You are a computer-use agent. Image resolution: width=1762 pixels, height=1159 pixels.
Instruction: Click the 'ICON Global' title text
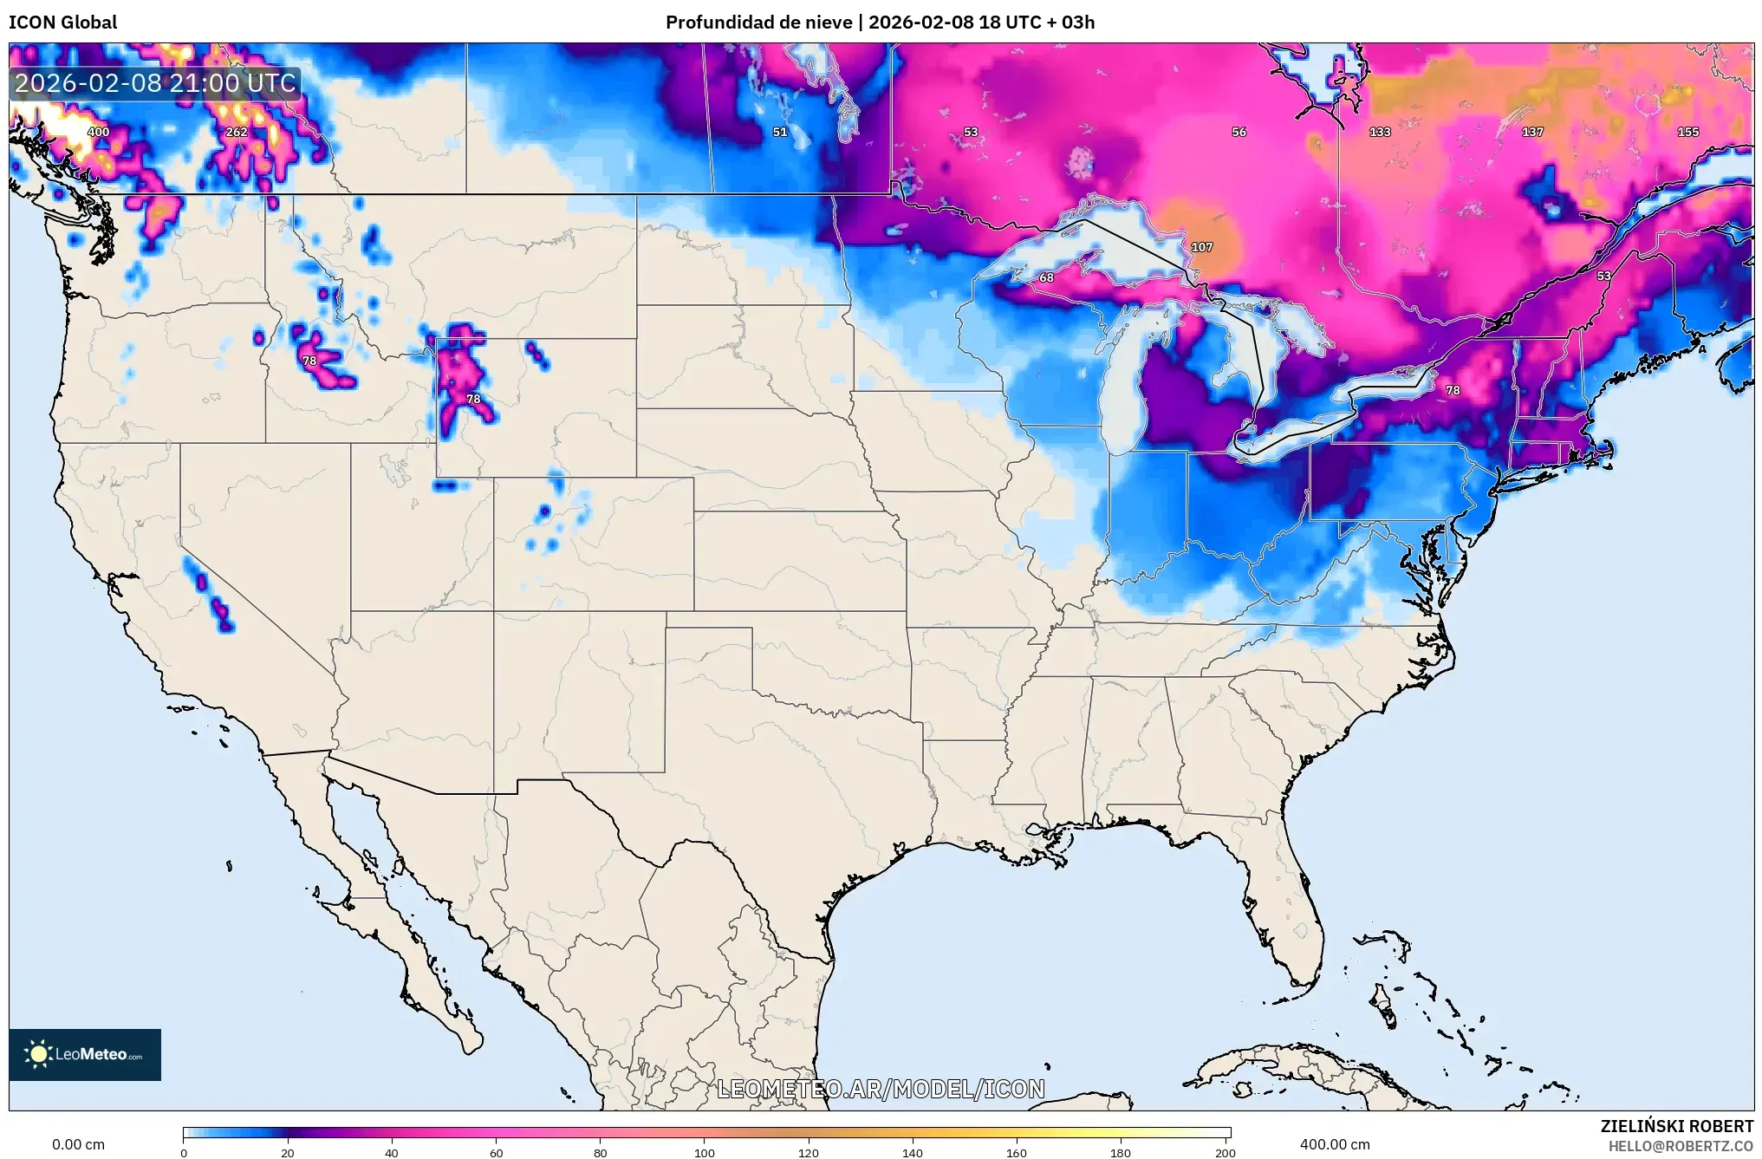62,23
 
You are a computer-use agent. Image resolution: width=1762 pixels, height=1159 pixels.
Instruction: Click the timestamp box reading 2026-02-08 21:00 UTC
156,83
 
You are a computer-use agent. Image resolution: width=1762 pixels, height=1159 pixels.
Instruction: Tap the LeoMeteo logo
85,1054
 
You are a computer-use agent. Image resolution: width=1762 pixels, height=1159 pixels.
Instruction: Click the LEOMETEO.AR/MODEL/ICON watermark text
881,1089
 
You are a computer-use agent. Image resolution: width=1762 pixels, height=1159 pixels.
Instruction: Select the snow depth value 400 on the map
99,132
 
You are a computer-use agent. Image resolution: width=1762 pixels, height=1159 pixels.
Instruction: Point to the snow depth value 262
237,132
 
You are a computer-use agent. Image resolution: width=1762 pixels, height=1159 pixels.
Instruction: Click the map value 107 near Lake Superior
1202,247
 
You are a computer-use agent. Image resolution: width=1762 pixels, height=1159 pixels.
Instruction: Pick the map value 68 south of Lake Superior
1046,277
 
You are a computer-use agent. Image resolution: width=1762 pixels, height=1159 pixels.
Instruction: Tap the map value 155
1688,132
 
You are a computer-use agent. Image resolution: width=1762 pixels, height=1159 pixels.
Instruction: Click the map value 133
1380,132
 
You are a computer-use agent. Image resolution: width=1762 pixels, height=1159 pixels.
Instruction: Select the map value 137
1532,132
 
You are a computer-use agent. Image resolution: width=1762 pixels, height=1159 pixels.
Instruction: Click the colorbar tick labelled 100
704,1152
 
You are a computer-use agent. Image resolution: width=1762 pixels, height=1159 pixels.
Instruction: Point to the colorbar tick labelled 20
288,1152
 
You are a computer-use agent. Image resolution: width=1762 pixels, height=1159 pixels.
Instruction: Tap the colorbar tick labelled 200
1225,1152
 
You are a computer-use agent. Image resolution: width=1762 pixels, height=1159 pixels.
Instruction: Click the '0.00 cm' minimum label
78,1144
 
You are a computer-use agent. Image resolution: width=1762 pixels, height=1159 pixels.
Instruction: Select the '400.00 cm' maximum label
1335,1144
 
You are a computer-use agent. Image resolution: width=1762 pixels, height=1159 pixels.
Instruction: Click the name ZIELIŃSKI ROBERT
1676,1126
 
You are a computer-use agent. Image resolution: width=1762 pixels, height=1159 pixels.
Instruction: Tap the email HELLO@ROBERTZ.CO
1681,1146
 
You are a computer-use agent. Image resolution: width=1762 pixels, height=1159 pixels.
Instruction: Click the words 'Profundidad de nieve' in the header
758,23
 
